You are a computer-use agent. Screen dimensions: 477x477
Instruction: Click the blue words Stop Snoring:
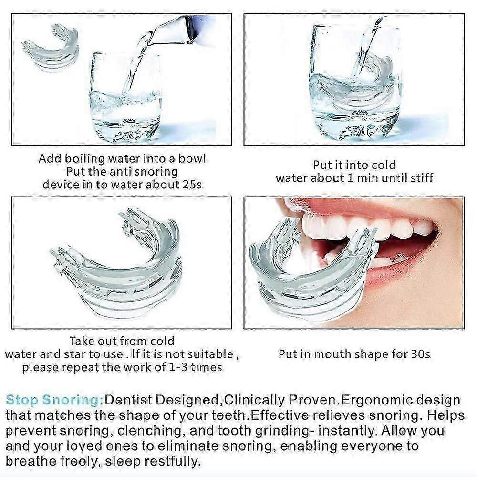55,400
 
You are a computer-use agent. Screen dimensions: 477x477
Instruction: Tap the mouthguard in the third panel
119,267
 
